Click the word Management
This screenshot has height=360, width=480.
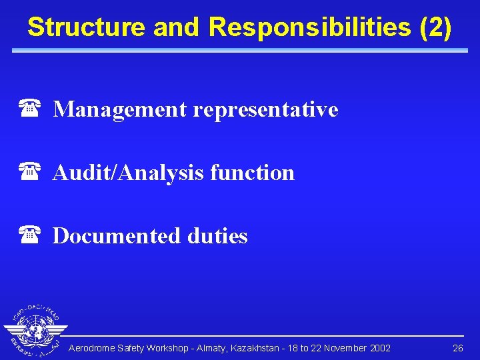click(120, 109)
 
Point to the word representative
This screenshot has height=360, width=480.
click(265, 109)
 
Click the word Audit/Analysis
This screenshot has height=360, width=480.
click(128, 173)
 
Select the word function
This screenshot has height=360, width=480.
click(252, 173)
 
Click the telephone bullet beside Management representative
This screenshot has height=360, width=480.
click(29, 109)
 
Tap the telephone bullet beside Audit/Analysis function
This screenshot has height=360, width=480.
click(29, 172)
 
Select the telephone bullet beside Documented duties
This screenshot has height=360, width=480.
click(29, 235)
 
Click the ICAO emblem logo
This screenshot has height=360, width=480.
click(35, 331)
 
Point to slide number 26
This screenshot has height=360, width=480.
click(457, 349)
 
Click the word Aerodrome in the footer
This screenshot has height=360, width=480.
click(92, 349)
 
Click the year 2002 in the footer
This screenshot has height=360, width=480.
click(380, 349)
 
